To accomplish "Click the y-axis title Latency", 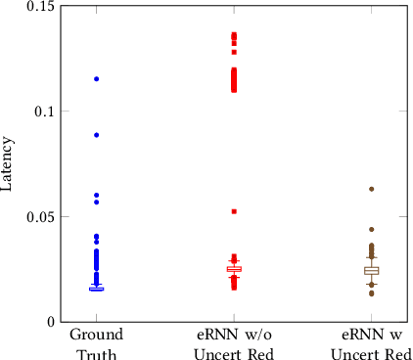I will click(9, 162).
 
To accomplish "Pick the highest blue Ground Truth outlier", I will click(97, 78).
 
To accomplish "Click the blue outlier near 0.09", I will click(97, 135).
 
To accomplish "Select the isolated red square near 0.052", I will click(234, 211).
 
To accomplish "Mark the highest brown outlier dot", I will click(372, 189).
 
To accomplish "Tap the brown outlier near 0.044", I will click(372, 229).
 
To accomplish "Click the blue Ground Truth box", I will click(97, 289).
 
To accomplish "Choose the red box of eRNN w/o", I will click(234, 269).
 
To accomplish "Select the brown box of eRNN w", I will click(372, 270).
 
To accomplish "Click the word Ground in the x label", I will click(96, 335).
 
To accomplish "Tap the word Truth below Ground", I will click(96, 352).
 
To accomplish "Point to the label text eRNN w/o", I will click(234, 335).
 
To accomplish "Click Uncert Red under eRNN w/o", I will click(234, 352).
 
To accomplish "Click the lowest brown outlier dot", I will click(372, 293).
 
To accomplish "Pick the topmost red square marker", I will click(234, 34).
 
